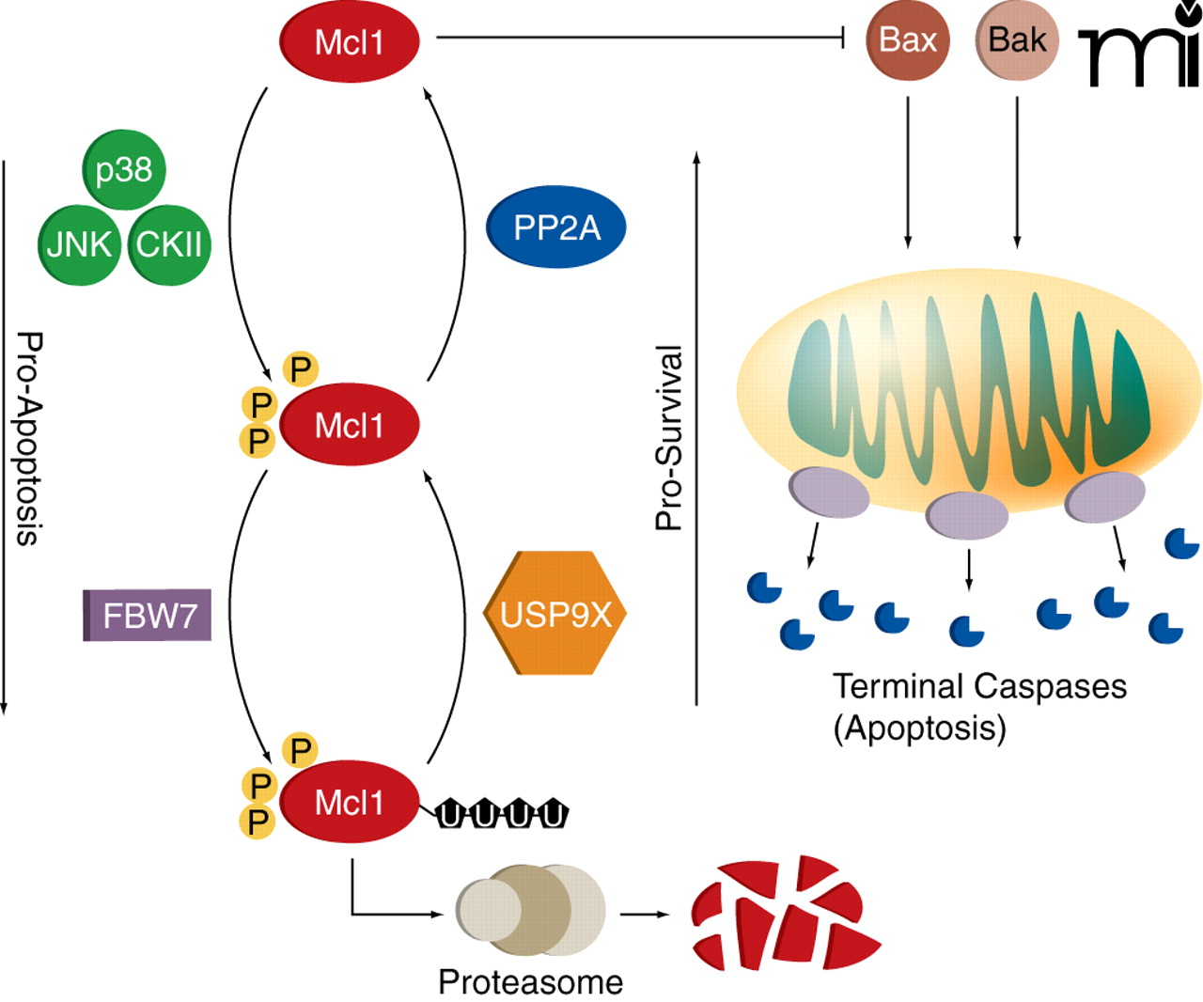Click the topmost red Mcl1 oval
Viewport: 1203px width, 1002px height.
pos(349,42)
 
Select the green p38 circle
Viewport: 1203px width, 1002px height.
pos(124,170)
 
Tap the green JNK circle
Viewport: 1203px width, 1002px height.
pos(80,244)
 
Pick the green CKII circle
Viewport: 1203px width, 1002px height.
pos(169,244)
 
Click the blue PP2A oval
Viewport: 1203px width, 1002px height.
pos(555,227)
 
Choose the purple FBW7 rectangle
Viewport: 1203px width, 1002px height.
pos(148,616)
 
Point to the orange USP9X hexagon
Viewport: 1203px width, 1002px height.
pos(555,614)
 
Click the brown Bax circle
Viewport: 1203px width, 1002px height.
pos(907,40)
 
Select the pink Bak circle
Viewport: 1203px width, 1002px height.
pos(1017,40)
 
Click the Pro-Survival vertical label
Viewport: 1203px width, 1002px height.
pos(669,438)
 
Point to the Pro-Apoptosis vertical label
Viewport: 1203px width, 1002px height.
pos(29,438)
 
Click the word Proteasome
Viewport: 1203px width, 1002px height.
pos(530,982)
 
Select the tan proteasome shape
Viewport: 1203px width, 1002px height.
pos(531,910)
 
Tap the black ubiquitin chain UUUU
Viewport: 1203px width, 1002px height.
pos(503,814)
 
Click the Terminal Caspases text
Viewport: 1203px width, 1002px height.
pos(979,686)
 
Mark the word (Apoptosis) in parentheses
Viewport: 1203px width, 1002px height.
pos(919,728)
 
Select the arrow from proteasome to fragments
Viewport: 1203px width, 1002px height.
pos(645,914)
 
